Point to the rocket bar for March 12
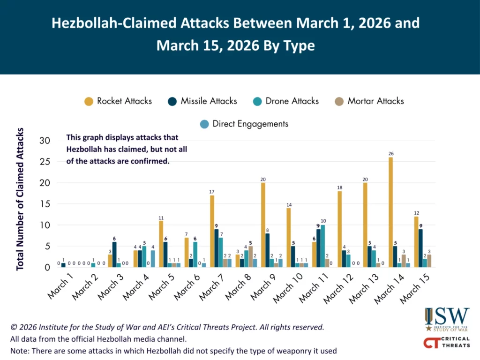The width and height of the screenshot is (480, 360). click(x=339, y=229)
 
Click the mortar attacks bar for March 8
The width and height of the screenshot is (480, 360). click(x=250, y=256)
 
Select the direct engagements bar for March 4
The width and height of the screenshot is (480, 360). click(x=153, y=259)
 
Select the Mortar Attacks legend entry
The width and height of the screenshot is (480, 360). click(x=369, y=101)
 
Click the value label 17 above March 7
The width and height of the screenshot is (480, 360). click(x=212, y=191)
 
